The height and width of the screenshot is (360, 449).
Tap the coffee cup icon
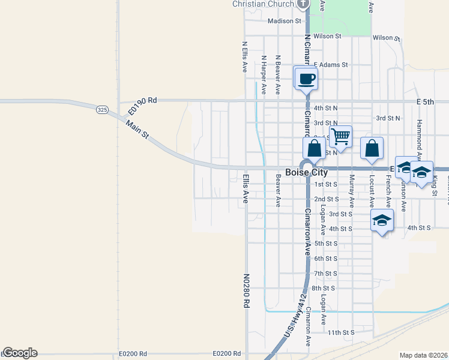(307, 79)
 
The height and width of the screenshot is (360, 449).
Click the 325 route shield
(102, 110)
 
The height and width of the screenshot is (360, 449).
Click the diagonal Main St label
(137, 130)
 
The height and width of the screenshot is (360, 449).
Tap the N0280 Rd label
(246, 291)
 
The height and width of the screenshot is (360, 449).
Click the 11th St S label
(341, 332)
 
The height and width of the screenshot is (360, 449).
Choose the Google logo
(20, 353)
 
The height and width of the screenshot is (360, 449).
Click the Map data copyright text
(423, 355)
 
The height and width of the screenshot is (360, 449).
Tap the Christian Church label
(263, 4)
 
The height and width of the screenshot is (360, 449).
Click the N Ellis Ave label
(245, 57)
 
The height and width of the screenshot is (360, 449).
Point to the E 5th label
(433, 103)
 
